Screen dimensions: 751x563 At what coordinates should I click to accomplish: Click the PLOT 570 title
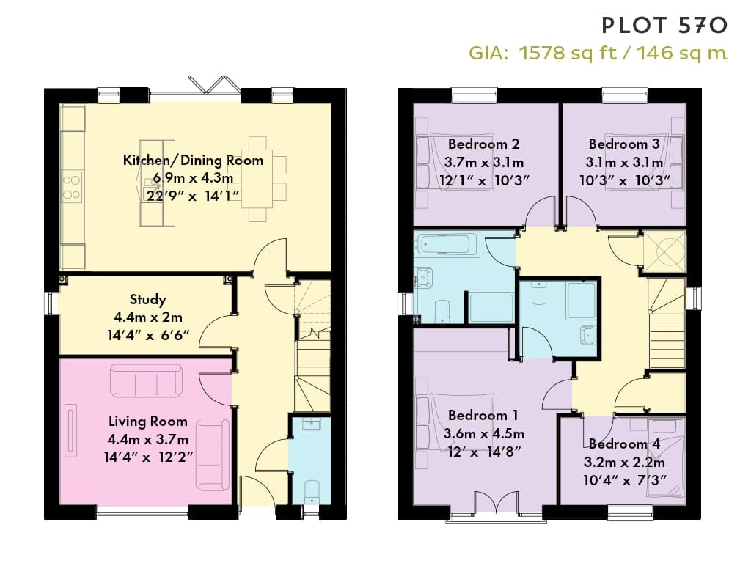(x=664, y=26)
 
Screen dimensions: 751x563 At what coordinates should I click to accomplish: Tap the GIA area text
(x=598, y=53)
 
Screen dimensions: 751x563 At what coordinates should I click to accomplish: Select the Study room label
(x=148, y=300)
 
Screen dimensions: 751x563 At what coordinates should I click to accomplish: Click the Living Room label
(x=148, y=422)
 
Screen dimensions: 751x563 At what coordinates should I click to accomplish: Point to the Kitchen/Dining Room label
(x=193, y=160)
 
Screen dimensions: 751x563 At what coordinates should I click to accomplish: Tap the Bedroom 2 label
(x=484, y=144)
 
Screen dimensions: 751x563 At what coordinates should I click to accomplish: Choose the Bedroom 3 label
(x=624, y=144)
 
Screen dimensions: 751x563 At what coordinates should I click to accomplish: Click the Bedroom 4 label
(x=625, y=444)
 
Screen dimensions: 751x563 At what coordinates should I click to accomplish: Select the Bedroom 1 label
(x=483, y=415)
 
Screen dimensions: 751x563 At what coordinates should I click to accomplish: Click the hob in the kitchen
(x=72, y=187)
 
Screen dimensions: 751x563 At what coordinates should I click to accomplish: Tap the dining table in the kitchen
(x=257, y=178)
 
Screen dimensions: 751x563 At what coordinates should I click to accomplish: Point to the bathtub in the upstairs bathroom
(x=447, y=244)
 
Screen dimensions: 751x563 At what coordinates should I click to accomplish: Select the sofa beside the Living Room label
(x=212, y=455)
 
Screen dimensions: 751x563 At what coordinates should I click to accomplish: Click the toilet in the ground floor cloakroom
(x=312, y=490)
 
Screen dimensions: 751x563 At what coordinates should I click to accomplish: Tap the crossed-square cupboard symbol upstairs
(x=664, y=252)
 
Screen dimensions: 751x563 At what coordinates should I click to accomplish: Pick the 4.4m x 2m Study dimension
(x=148, y=317)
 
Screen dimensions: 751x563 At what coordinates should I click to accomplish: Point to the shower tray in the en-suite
(x=581, y=300)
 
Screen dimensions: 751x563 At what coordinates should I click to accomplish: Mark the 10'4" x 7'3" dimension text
(x=625, y=480)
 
